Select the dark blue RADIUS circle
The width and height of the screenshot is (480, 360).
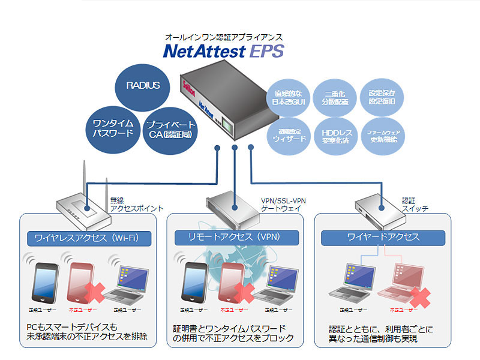tap(143, 86)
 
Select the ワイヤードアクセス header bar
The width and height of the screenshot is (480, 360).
tap(383, 237)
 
